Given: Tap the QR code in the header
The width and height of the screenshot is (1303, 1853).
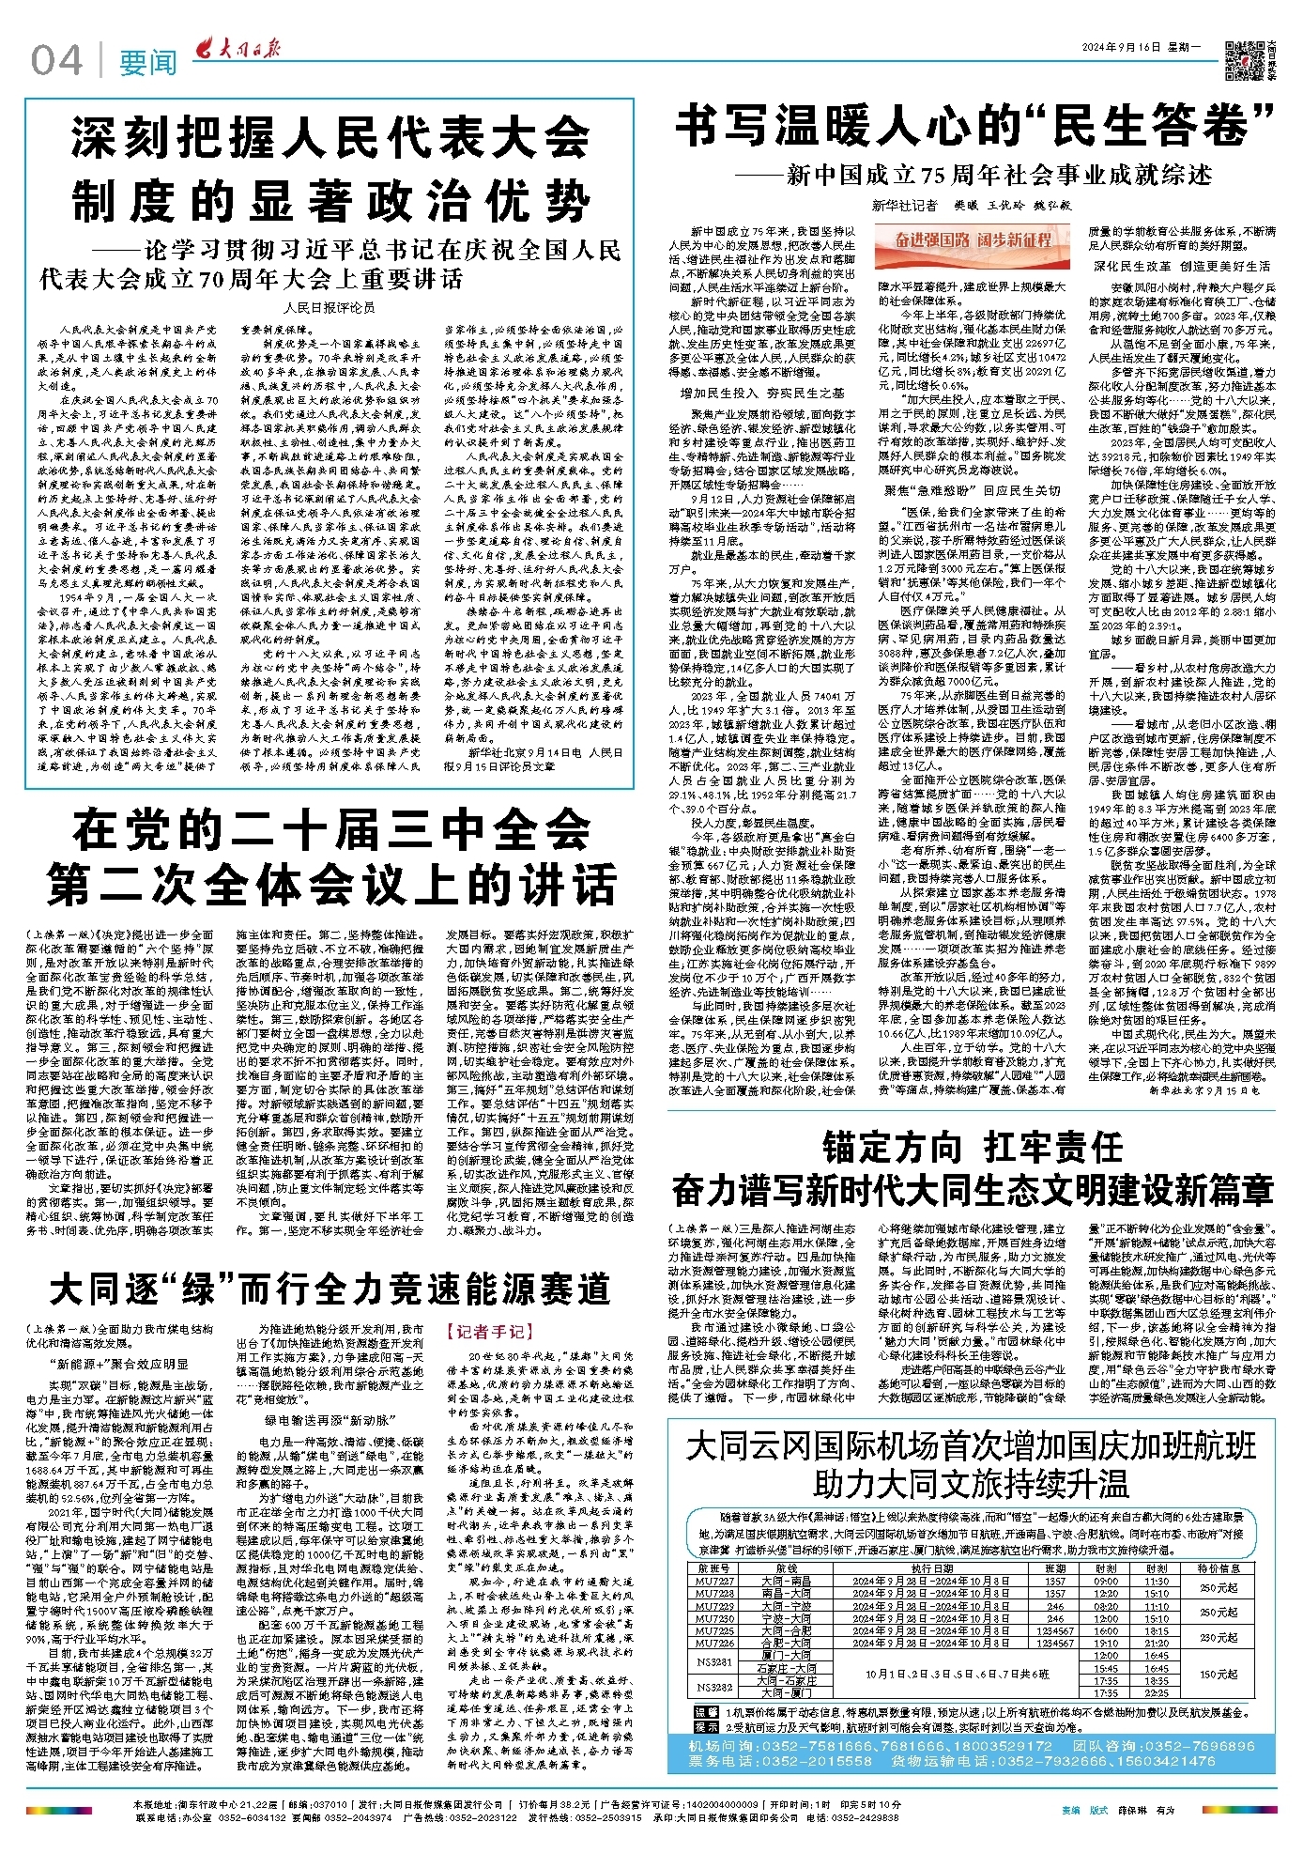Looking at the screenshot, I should tap(1246, 59).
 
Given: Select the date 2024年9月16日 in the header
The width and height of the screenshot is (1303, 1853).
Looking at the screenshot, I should tap(1121, 47).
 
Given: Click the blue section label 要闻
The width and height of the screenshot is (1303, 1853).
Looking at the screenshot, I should tap(147, 63).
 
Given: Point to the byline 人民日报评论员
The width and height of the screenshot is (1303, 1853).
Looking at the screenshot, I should tap(329, 307).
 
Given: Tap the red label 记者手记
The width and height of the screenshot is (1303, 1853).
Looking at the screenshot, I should tap(489, 1331).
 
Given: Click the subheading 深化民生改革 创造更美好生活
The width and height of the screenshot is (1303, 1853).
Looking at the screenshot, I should tap(1181, 266).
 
